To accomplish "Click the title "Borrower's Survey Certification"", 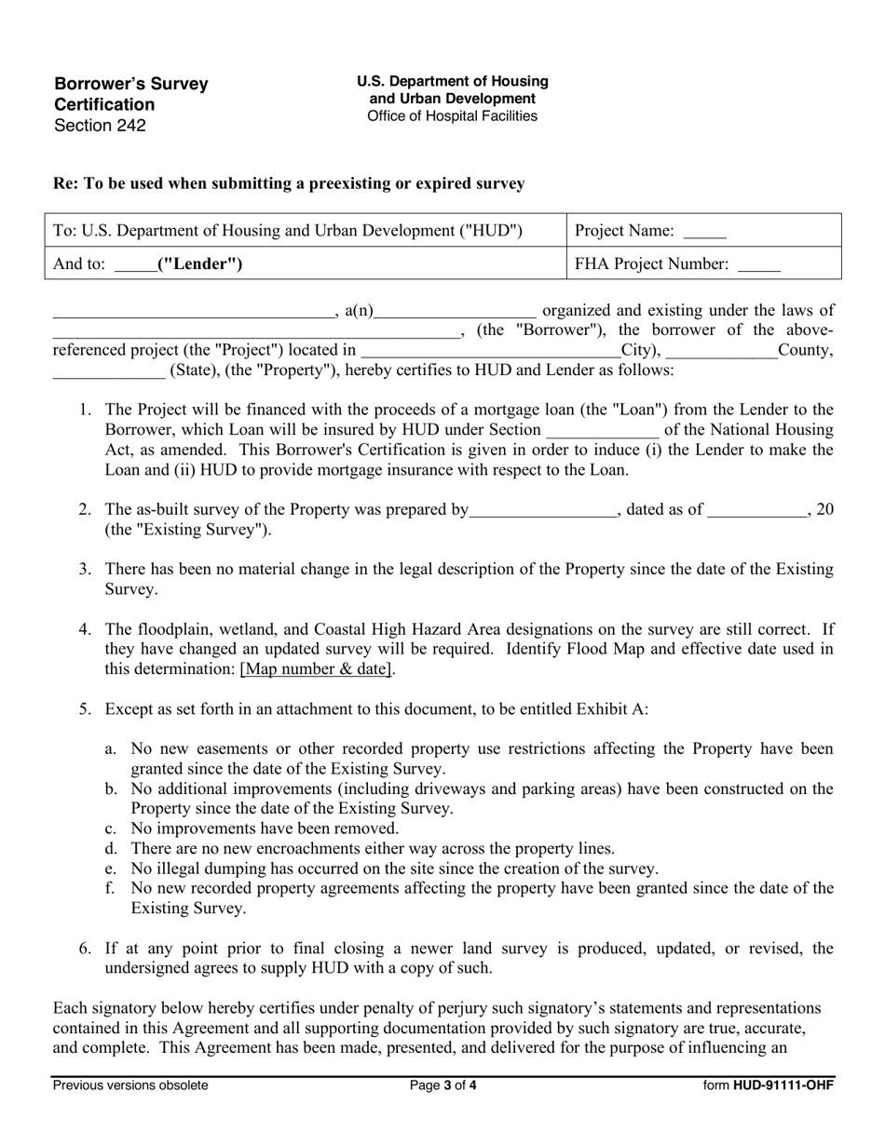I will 130,94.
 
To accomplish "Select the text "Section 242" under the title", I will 100,126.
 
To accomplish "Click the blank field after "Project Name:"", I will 704,232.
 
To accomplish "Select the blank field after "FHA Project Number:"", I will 758,265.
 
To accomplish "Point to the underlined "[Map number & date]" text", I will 317,668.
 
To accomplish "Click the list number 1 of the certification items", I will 85,410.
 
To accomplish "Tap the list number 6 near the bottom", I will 85,949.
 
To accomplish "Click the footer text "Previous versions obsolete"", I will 130,1084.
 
